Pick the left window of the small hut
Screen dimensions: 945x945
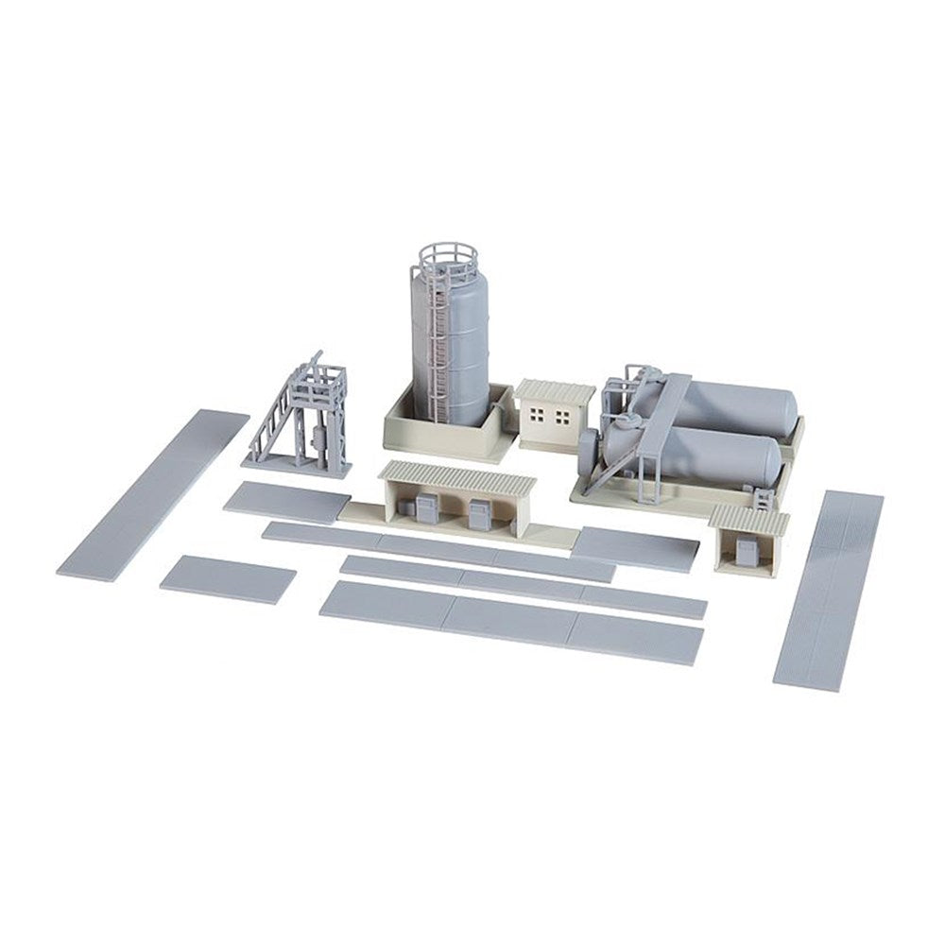pyautogui.click(x=540, y=416)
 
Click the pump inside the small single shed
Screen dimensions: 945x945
pyautogui.click(x=746, y=553)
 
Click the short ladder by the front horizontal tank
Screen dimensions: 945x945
pyautogui.click(x=764, y=496)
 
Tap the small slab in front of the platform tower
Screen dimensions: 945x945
pyautogui.click(x=286, y=501)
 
